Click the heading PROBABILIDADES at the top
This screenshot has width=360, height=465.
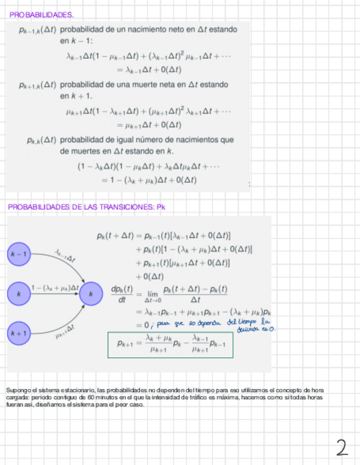tap(42, 14)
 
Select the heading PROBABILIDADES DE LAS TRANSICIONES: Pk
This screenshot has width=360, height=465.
tap(87, 207)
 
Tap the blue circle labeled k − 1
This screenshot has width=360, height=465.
tap(19, 254)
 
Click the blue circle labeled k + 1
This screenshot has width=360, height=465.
tap(19, 333)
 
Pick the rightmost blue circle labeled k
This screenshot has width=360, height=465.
tap(91, 294)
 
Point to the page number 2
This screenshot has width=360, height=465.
tap(342, 448)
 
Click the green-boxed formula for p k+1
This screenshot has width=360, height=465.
tap(171, 344)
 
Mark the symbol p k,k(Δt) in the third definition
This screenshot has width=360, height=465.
tap(41, 140)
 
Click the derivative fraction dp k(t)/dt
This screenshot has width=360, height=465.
tap(122, 294)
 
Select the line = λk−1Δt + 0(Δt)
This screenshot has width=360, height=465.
tap(149, 70)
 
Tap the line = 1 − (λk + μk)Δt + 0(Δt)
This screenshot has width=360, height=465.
tap(149, 179)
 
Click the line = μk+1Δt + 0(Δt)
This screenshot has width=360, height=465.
tap(149, 124)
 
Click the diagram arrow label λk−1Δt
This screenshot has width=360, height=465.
tap(65, 256)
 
